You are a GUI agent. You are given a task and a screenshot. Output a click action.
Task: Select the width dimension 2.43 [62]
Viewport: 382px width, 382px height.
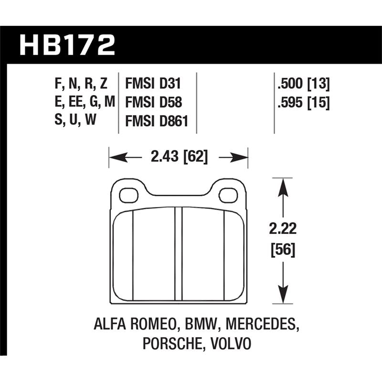tap(179, 157)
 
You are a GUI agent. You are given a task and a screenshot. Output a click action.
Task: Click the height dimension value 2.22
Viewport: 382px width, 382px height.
tap(284, 229)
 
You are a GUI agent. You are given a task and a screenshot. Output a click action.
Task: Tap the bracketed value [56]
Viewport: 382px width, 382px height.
tap(284, 249)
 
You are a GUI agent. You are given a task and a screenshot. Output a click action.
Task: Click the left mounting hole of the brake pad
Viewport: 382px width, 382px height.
tap(128, 195)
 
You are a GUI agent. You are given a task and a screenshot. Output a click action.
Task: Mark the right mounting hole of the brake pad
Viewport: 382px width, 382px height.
tap(230, 195)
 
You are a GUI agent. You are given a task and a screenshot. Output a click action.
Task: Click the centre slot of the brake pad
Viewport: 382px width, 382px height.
tap(179, 254)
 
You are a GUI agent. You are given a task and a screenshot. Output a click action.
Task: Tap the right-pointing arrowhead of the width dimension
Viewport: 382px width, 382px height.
tap(241, 157)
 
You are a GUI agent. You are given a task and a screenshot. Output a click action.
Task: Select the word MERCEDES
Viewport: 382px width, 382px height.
tap(260, 326)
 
